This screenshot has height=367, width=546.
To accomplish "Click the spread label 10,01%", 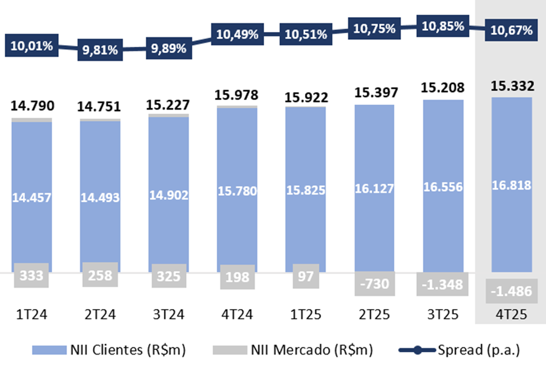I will tap(31, 46).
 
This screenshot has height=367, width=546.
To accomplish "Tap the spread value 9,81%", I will tap(100, 50).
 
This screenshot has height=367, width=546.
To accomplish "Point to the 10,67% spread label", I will tap(512, 30).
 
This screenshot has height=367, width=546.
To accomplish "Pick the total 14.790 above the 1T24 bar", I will tap(32, 107).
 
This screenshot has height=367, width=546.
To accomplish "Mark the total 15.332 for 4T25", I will tap(512, 86).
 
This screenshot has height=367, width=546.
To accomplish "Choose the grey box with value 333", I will tap(31, 276).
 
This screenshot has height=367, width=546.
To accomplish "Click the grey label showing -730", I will tap(374, 284).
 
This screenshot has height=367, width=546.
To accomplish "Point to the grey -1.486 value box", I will tap(512, 291).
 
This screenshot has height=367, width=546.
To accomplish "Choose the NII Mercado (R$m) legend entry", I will tap(290, 350).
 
